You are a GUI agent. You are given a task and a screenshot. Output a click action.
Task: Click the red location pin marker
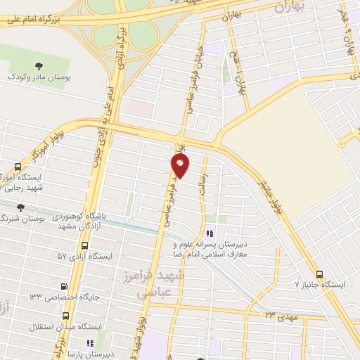181,166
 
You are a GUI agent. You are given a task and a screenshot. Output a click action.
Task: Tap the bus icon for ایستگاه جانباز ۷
320,274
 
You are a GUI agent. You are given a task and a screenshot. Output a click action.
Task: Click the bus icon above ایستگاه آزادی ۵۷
85,246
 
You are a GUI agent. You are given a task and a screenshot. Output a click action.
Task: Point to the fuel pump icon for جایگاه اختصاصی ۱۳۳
65,287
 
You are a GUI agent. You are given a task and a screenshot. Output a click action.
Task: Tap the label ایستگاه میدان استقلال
66,328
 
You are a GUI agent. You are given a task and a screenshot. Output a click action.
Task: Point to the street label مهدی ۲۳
275,315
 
